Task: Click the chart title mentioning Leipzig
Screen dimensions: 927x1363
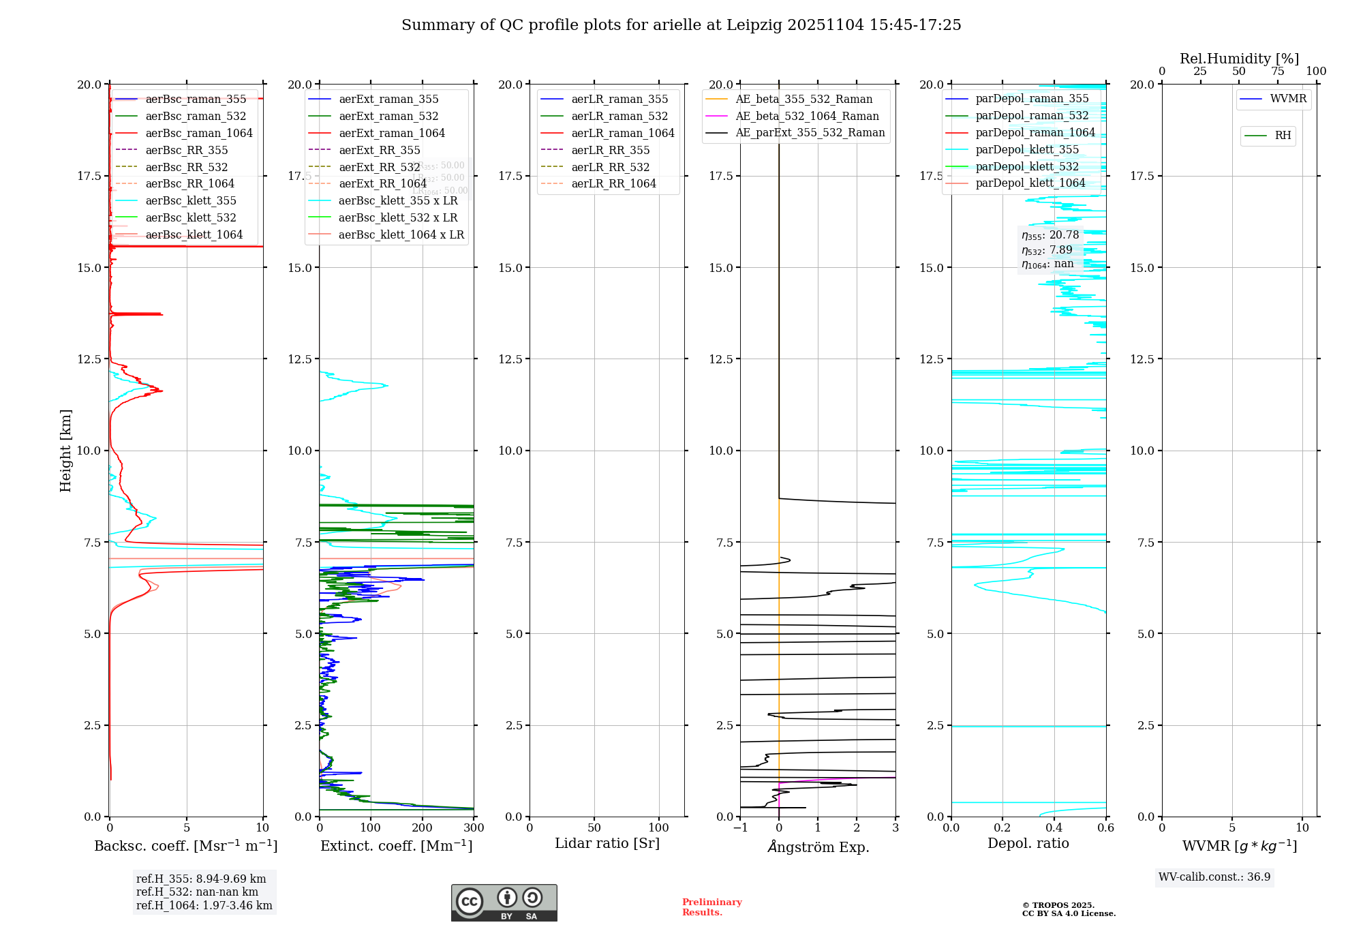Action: [681, 25]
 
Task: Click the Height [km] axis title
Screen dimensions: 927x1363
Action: [65, 451]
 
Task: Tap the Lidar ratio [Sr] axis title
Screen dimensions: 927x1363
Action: [607, 844]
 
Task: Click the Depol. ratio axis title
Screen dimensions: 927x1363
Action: [1028, 844]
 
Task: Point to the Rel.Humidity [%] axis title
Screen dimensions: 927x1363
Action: [1239, 59]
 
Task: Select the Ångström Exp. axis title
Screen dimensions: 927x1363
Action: [818, 847]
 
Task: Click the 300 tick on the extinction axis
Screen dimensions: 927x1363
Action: [474, 828]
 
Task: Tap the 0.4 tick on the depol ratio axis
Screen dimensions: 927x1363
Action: [1054, 828]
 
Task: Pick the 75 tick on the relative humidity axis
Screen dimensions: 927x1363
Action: [1278, 72]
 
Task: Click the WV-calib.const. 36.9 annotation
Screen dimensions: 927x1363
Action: [1214, 877]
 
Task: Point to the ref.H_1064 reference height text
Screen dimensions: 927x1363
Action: [204, 906]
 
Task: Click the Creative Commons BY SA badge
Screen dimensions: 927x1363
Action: [504, 903]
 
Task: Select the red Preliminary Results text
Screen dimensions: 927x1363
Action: [711, 907]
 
